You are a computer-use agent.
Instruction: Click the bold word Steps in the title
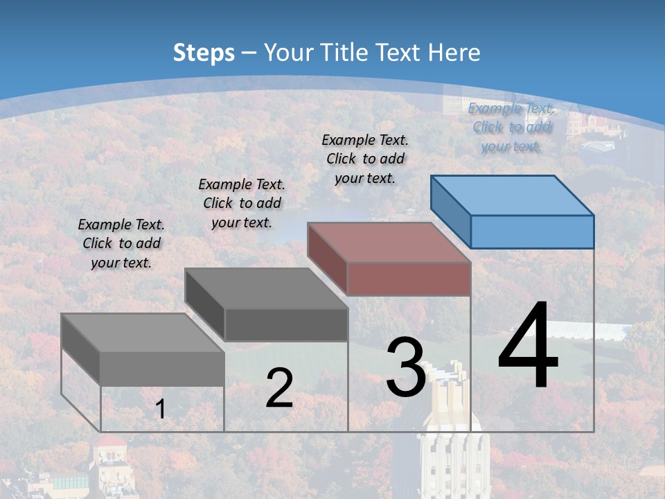coord(204,53)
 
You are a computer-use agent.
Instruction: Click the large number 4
coord(528,347)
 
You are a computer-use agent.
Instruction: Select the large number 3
coord(405,367)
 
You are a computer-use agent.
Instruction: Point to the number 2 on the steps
coord(279,388)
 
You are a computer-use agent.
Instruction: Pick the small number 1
coord(161,410)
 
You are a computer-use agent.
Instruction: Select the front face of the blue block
coord(532,231)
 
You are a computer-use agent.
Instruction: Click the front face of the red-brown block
coord(409,279)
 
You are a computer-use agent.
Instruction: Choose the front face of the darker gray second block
coord(286,325)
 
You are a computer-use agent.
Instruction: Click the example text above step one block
coord(121,243)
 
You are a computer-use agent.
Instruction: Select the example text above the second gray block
coord(242,203)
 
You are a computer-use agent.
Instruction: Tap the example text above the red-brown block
coord(365,159)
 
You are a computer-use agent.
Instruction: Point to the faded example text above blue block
coord(511,127)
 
